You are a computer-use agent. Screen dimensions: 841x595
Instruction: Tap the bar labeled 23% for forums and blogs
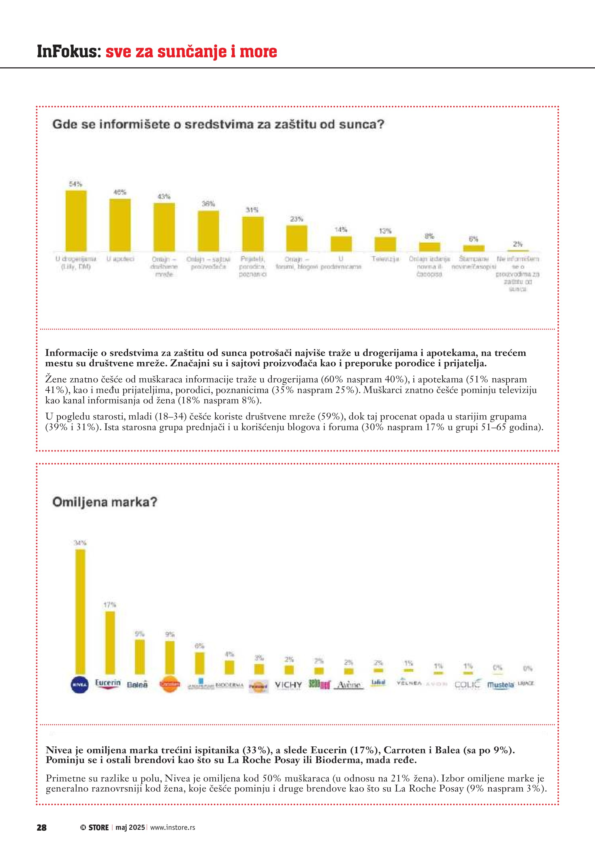(297, 238)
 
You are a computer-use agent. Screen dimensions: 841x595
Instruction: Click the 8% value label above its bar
(429, 236)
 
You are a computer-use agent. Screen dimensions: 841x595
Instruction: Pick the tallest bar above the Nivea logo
(80, 612)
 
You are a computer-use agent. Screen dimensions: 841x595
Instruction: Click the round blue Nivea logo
(79, 684)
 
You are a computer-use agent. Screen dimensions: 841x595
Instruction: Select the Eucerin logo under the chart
(108, 684)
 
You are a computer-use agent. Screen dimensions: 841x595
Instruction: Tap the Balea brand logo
(137, 684)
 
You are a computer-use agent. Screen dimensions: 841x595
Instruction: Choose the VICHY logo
(288, 684)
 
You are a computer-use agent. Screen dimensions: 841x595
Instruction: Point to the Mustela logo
(501, 684)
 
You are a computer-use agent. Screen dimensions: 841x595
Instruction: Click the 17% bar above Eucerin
(110, 642)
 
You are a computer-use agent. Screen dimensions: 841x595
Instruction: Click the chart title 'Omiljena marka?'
(105, 501)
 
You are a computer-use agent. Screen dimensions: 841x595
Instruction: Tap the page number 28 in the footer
(41, 827)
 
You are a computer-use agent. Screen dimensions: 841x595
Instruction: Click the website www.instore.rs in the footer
(172, 827)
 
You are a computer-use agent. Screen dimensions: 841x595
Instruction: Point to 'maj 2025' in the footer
(130, 827)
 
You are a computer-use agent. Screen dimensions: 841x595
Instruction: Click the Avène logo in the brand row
(349, 684)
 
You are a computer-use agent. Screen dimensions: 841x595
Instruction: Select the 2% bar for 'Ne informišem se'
(518, 251)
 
